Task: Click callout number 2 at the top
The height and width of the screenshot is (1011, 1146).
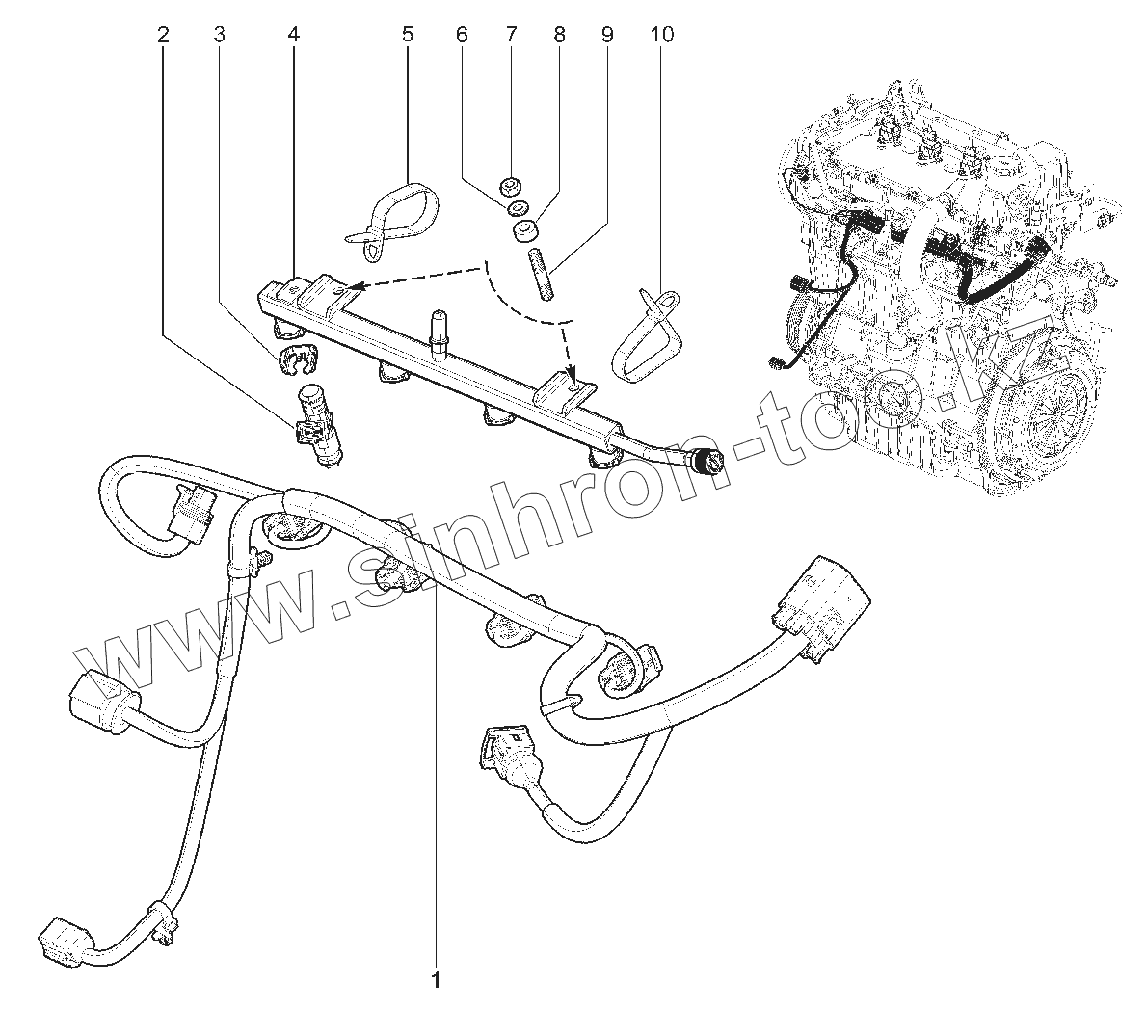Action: tap(163, 35)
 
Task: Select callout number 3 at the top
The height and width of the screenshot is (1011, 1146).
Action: tap(219, 35)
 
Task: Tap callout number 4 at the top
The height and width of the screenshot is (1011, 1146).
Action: tap(293, 35)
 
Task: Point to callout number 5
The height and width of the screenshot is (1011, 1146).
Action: tap(407, 35)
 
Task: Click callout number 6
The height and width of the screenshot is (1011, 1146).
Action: tap(461, 35)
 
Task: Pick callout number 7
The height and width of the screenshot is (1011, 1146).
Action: tap(511, 35)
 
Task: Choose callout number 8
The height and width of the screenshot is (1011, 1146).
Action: tap(559, 35)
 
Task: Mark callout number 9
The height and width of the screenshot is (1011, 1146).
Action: tap(606, 35)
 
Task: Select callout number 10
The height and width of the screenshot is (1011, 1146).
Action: tap(661, 35)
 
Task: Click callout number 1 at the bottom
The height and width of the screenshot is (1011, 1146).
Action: tap(436, 981)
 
